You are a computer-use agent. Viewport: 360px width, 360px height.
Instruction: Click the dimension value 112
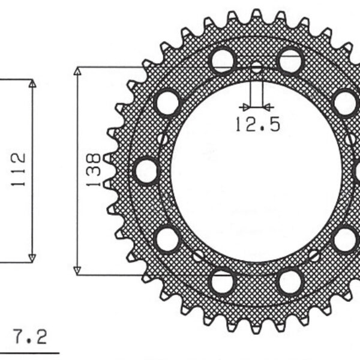18,169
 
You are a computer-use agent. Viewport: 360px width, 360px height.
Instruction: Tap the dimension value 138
93,170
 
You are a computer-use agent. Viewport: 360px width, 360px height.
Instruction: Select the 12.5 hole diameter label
257,124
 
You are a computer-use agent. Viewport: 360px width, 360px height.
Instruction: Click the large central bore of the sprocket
256,171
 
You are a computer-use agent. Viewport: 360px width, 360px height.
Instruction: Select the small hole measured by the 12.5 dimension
256,68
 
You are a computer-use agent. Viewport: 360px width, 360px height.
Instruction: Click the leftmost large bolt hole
146,170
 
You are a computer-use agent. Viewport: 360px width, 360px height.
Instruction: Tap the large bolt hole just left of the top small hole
223,60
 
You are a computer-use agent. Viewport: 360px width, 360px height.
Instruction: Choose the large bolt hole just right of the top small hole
290,60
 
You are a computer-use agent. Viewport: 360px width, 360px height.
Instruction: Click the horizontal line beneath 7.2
30,352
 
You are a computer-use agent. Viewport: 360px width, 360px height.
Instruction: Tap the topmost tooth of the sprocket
256,13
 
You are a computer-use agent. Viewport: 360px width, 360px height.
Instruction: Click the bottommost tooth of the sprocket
256,328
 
